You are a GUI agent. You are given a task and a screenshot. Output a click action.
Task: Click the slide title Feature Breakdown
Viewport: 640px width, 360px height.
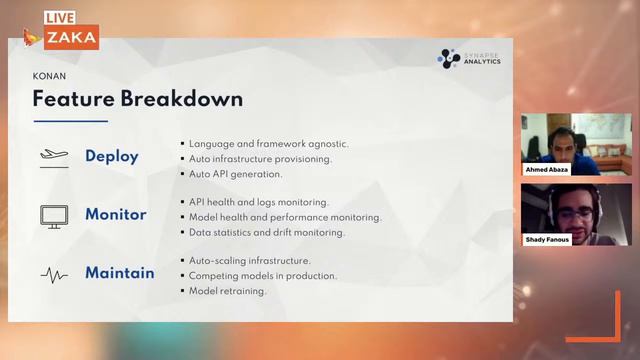137,99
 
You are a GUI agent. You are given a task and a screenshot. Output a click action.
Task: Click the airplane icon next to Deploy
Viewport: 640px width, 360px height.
53,156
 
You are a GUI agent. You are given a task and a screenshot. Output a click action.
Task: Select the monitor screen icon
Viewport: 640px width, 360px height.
53,214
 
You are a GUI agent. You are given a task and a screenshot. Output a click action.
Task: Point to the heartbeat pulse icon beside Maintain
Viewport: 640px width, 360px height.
53,272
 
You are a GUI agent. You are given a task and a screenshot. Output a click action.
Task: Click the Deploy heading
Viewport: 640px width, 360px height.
112,156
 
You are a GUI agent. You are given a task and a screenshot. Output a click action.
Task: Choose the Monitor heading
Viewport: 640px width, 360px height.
115,214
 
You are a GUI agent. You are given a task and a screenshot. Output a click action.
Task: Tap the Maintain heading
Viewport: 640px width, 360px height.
119,272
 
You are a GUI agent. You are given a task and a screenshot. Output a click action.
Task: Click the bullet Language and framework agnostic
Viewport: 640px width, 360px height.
268,143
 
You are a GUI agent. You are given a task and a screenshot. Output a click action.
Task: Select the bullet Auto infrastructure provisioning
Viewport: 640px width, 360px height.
260,158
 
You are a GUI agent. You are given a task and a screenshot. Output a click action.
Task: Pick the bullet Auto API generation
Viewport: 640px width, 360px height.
237,174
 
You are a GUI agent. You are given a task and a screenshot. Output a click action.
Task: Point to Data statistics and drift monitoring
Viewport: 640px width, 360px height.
266,232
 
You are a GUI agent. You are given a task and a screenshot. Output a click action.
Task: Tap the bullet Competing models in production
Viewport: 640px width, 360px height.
262,275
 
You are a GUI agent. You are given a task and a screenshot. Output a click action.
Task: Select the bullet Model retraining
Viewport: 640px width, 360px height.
227,291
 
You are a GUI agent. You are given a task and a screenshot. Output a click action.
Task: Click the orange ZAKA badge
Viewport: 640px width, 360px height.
71,38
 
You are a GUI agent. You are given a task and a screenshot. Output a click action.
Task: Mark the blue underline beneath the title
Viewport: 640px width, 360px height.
70,121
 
